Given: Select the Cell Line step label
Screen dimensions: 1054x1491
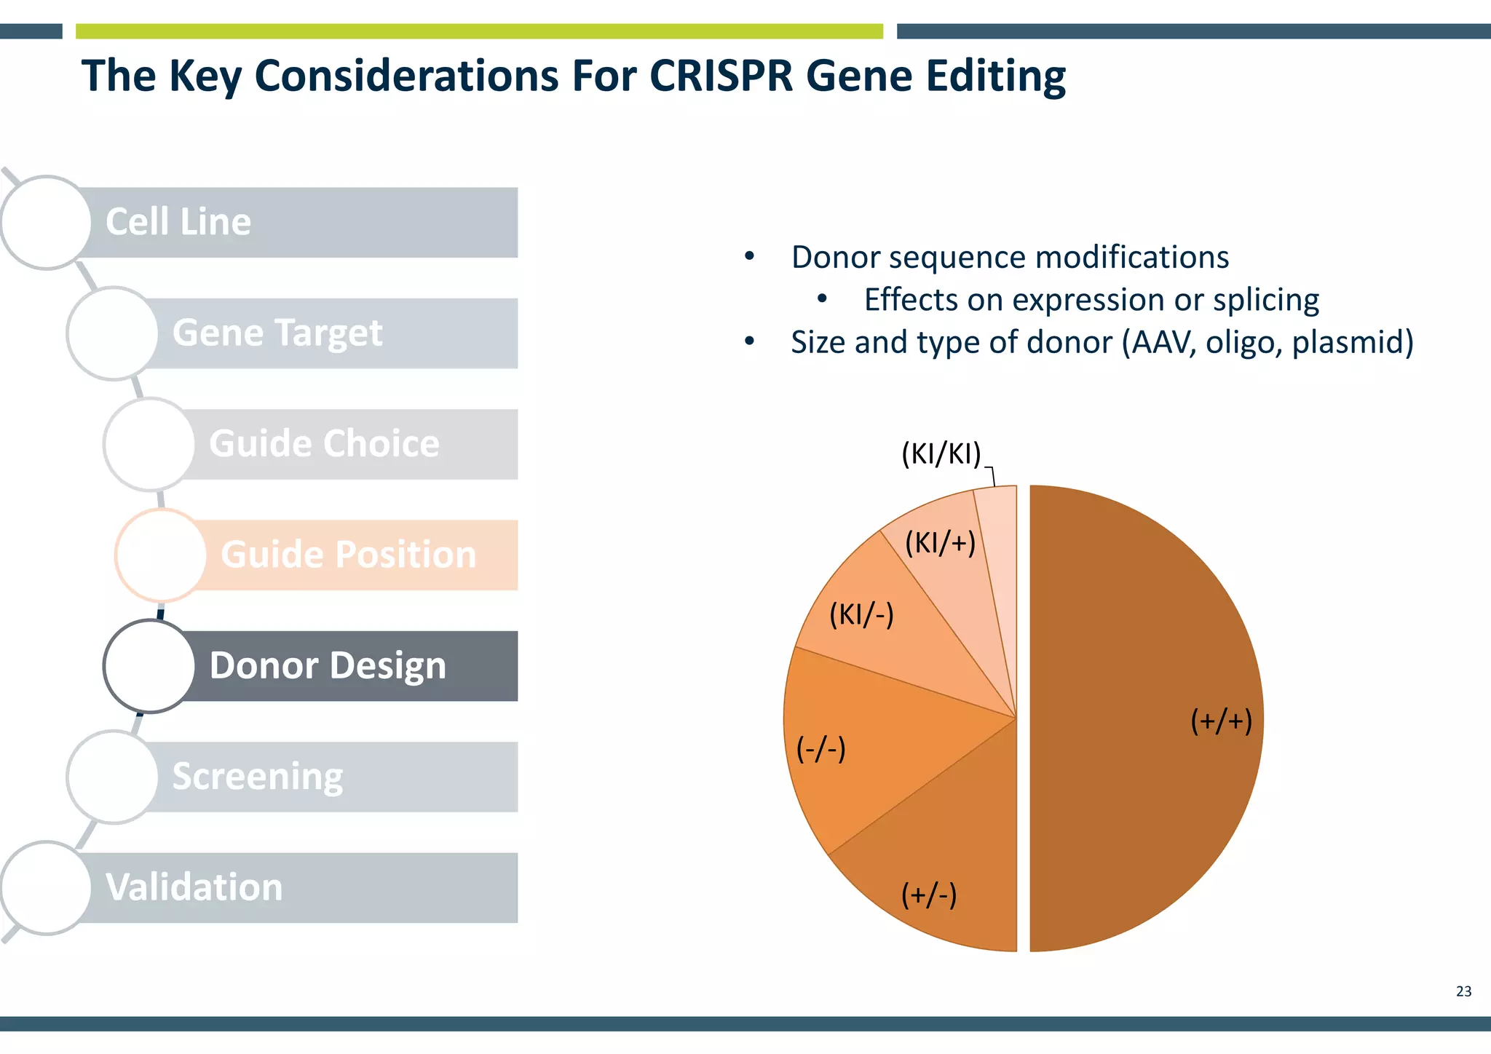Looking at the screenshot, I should tap(178, 222).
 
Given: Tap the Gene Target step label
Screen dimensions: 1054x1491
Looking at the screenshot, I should tap(277, 333).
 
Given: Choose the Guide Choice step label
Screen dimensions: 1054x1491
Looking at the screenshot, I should tap(324, 444).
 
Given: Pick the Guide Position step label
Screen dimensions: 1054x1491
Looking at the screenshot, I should tap(348, 555).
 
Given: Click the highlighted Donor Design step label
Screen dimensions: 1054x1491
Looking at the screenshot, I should tap(328, 666).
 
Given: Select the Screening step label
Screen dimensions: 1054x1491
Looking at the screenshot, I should tap(257, 777).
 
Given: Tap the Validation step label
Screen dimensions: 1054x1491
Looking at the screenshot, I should tap(194, 888).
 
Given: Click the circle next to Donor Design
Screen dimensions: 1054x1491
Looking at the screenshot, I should tap(149, 666).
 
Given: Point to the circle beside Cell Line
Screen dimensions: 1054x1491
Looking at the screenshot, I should tap(46, 222).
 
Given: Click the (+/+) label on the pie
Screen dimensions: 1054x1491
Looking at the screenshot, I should tap(1221, 721).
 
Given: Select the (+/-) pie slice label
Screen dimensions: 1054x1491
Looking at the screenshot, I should tap(928, 895).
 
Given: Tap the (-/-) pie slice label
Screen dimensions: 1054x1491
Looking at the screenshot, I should tap(820, 748).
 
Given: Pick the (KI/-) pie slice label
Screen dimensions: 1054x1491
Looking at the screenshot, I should tap(861, 615).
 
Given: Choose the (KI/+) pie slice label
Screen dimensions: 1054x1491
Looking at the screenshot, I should tap(940, 543).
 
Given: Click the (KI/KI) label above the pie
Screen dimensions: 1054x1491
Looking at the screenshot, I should tap(941, 454).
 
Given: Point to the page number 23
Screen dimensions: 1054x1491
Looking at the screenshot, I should tap(1463, 991).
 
